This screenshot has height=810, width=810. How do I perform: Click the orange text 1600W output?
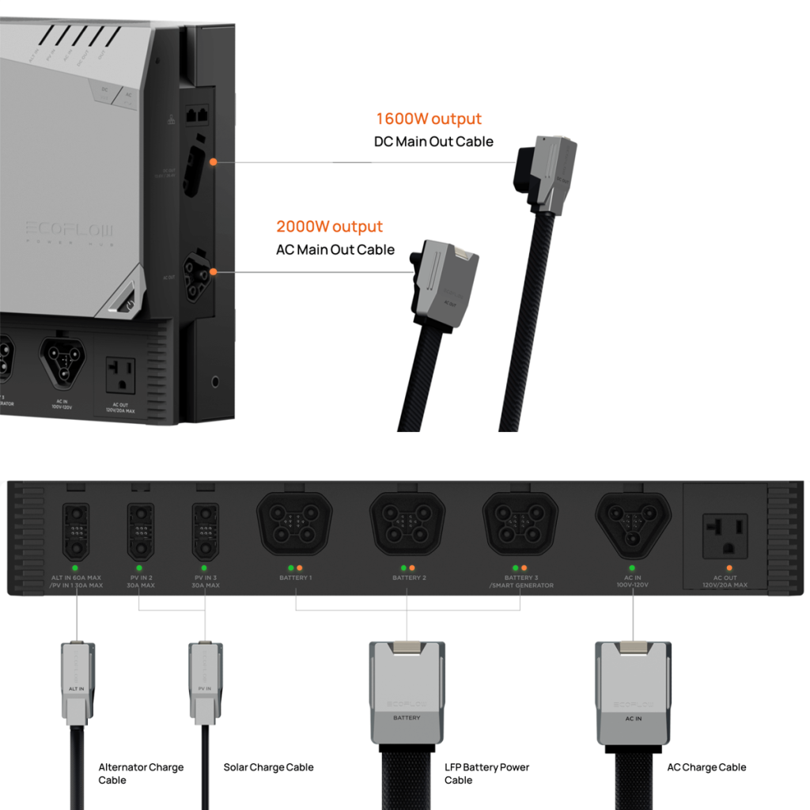pos(428,119)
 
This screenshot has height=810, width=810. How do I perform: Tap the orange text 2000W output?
pos(329,227)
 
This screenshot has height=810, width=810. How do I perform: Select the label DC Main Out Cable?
pos(433,142)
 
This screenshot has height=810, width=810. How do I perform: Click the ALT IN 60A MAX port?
pos(75,532)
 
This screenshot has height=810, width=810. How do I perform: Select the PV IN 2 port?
pos(139,532)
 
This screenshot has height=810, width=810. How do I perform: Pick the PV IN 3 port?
pos(205,532)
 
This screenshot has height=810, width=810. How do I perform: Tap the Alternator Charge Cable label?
pos(141,774)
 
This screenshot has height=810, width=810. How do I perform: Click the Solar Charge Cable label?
pos(268,767)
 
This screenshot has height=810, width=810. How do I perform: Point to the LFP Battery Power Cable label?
pos(486,774)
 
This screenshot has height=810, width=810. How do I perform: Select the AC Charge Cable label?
pos(706,767)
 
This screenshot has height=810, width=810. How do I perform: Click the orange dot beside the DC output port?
pos(214,162)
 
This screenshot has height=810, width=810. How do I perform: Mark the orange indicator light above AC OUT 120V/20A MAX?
pos(729,568)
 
